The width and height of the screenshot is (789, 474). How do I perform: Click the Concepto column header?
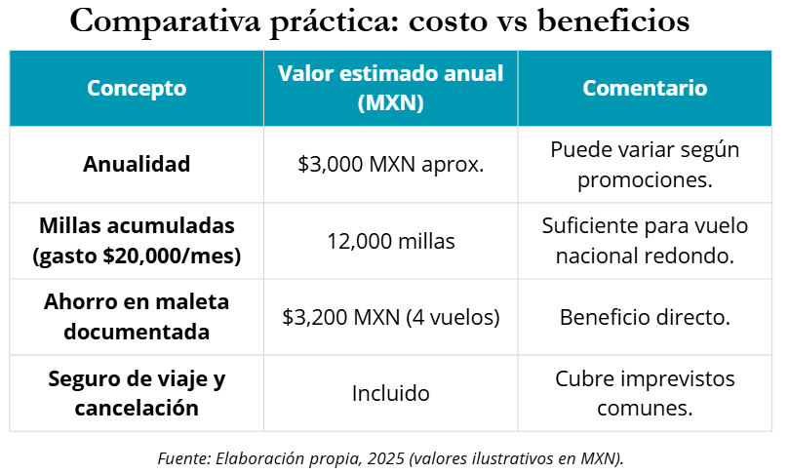(x=137, y=88)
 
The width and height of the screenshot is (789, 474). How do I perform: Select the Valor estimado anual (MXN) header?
(x=390, y=88)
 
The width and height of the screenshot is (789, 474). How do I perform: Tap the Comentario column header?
(x=645, y=88)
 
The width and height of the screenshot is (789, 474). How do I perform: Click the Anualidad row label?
(x=137, y=164)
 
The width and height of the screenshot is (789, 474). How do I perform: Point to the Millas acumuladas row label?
(x=137, y=240)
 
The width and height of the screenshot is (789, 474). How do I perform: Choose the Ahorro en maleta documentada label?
(x=137, y=316)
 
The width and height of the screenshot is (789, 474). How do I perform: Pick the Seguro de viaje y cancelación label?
(x=137, y=392)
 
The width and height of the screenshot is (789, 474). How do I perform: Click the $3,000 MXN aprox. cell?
(x=390, y=164)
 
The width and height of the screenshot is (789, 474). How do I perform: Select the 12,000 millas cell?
(x=390, y=240)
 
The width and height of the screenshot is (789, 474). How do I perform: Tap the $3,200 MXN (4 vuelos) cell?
(x=390, y=317)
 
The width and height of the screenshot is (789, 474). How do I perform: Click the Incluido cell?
(x=390, y=393)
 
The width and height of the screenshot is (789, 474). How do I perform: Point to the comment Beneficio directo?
(x=645, y=317)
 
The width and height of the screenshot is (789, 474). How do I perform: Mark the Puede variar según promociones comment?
(x=645, y=164)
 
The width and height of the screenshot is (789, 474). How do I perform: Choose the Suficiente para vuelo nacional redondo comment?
(x=645, y=240)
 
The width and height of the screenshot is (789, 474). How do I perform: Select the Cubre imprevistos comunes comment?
(x=645, y=392)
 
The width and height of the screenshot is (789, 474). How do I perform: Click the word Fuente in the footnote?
(x=183, y=456)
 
